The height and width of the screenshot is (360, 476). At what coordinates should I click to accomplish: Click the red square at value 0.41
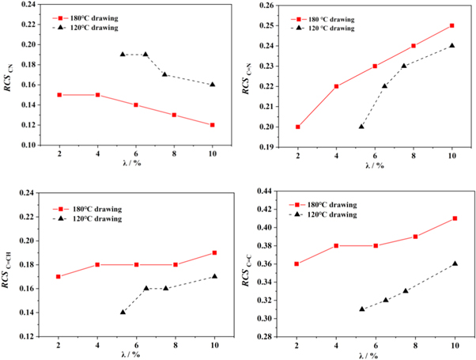tap(455, 218)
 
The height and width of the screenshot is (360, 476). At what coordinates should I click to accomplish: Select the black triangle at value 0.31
tap(361, 309)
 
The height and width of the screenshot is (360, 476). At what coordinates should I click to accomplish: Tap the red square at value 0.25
tap(452, 25)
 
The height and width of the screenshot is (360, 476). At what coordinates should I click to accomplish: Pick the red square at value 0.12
tap(212, 125)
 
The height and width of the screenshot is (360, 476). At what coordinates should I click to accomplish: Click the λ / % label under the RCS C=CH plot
tap(135, 355)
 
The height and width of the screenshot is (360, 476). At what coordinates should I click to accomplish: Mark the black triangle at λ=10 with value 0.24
tap(452, 46)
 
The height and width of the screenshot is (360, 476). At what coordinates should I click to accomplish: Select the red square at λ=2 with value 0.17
tap(59, 277)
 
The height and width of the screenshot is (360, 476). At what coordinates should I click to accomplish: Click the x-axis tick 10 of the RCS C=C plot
tap(455, 346)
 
